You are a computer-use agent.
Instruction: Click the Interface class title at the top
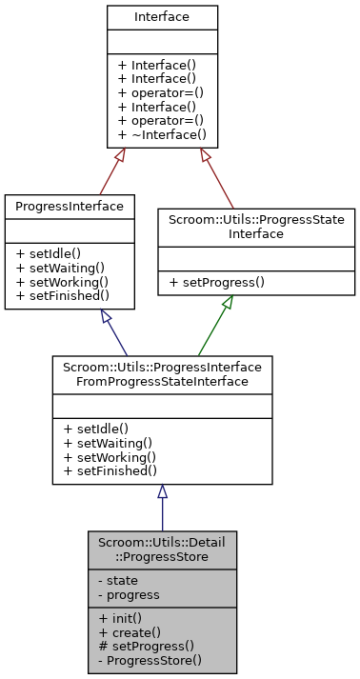coord(162,16)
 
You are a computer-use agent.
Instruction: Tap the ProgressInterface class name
coord(69,206)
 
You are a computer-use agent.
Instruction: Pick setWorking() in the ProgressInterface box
coord(63,282)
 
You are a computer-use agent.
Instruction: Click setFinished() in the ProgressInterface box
coord(63,295)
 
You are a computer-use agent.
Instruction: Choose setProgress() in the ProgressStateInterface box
coord(216,282)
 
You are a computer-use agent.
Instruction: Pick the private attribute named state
coord(116,580)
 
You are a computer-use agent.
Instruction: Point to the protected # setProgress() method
coord(140,646)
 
